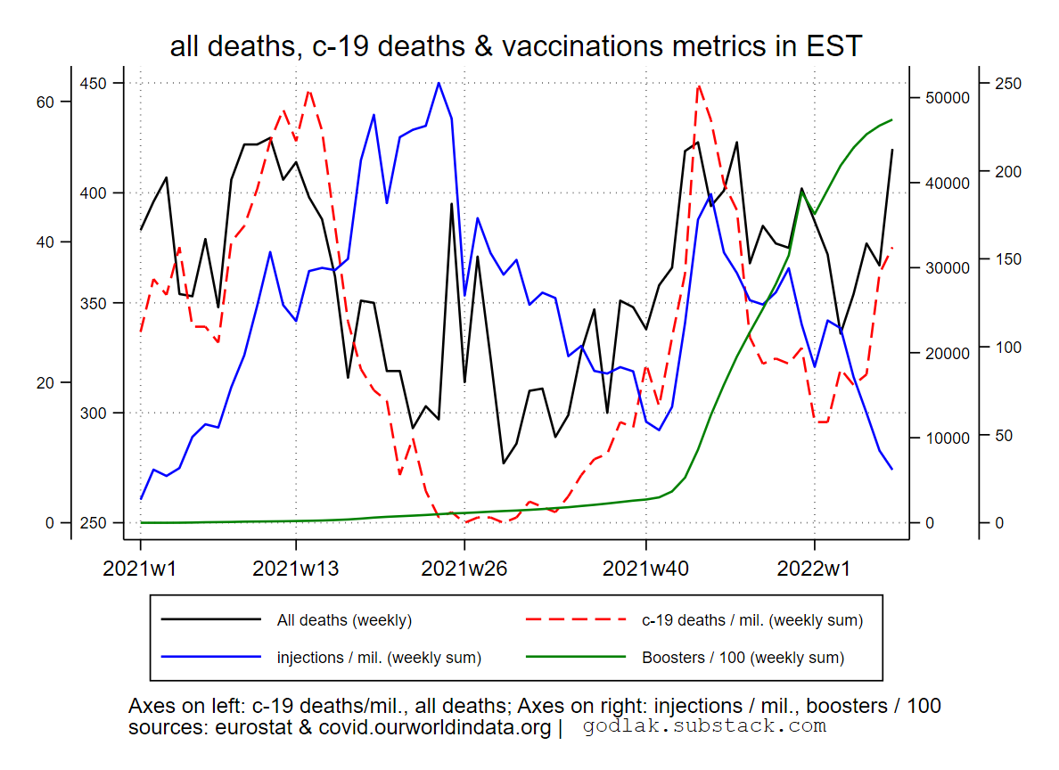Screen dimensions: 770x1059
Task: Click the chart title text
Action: [x=516, y=46]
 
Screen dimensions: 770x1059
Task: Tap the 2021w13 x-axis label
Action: [x=296, y=568]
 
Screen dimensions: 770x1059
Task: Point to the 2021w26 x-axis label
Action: [x=464, y=568]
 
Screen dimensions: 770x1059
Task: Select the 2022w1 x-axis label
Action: [x=814, y=568]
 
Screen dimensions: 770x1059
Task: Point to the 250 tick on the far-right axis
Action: [x=1008, y=84]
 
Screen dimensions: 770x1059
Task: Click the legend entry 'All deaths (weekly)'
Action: [x=344, y=619]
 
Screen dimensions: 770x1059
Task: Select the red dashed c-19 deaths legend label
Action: [x=751, y=619]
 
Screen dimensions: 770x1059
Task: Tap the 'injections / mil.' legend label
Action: [x=379, y=658]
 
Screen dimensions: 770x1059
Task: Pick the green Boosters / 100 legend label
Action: [x=743, y=658]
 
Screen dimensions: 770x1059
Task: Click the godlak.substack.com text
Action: [x=704, y=726]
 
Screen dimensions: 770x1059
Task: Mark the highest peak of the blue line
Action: [x=439, y=83]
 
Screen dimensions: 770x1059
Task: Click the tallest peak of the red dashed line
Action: [x=699, y=86]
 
